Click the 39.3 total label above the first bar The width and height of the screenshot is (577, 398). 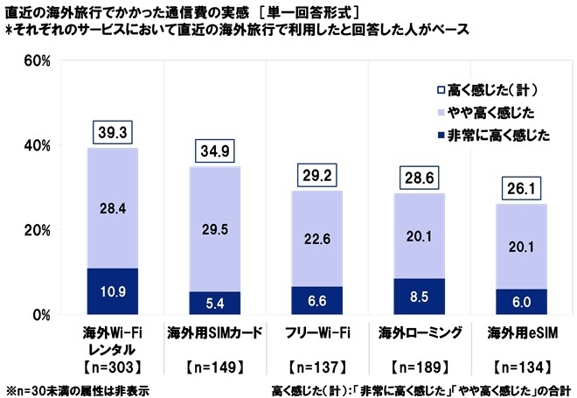[x=113, y=133]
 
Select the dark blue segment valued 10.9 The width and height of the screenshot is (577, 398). [x=113, y=291]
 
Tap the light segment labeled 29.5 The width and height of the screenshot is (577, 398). [x=215, y=229]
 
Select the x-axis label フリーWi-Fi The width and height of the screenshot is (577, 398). [x=318, y=332]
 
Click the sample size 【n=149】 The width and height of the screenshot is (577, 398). [x=215, y=364]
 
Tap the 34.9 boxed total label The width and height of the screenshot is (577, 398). [x=215, y=151]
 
